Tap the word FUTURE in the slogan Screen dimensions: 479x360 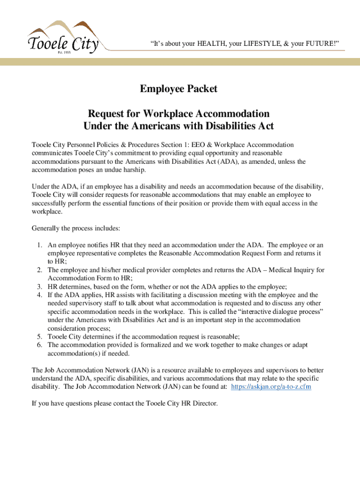click(x=319, y=44)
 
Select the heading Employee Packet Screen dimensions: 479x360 click(x=178, y=89)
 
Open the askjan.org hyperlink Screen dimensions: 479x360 click(x=272, y=387)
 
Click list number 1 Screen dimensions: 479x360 click(x=40, y=245)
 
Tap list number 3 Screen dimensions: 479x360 click(x=40, y=287)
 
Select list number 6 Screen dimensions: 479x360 click(x=40, y=345)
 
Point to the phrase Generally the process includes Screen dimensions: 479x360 click(x=76, y=228)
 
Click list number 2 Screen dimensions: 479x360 click(x=40, y=270)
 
